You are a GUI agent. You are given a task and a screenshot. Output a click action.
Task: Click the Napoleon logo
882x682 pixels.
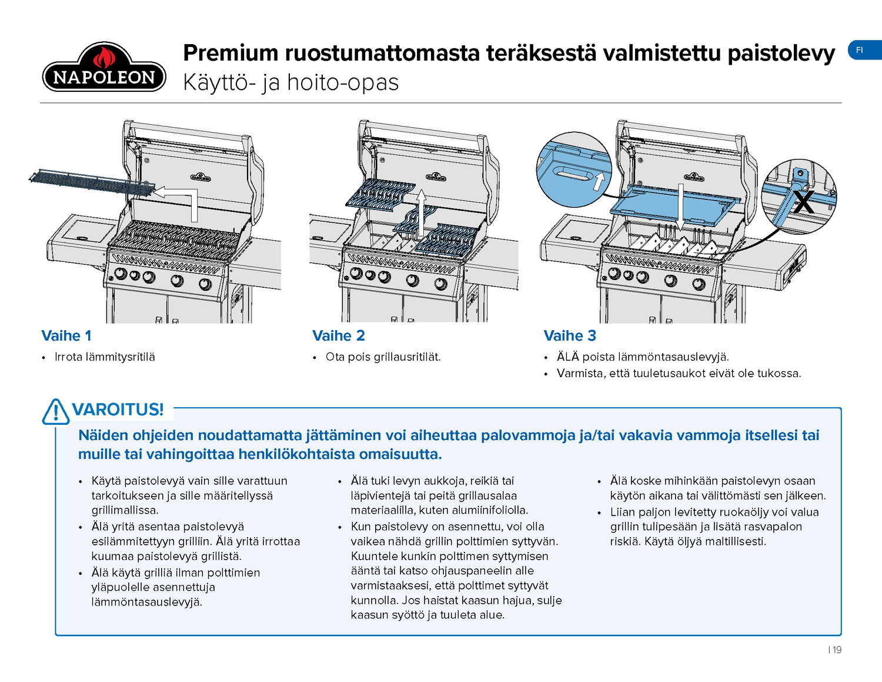104,68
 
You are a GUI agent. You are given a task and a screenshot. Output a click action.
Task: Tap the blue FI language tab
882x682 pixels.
863,51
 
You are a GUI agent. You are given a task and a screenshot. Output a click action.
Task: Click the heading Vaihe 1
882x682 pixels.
66,336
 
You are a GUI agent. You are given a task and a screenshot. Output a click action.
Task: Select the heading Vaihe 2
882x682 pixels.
339,336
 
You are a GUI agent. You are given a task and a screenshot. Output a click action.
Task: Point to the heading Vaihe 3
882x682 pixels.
570,336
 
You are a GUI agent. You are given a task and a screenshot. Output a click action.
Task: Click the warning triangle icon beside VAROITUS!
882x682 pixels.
56,411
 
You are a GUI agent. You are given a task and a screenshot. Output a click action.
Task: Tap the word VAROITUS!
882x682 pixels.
118,410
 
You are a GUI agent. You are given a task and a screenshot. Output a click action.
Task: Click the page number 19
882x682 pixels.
837,650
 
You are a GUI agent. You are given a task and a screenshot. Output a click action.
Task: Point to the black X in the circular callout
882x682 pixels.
803,201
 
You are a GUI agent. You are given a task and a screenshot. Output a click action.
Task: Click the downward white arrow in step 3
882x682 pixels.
680,206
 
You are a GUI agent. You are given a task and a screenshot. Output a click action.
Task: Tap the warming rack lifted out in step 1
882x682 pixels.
91,182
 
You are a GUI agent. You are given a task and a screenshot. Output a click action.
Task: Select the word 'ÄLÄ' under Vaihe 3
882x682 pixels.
567,357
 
